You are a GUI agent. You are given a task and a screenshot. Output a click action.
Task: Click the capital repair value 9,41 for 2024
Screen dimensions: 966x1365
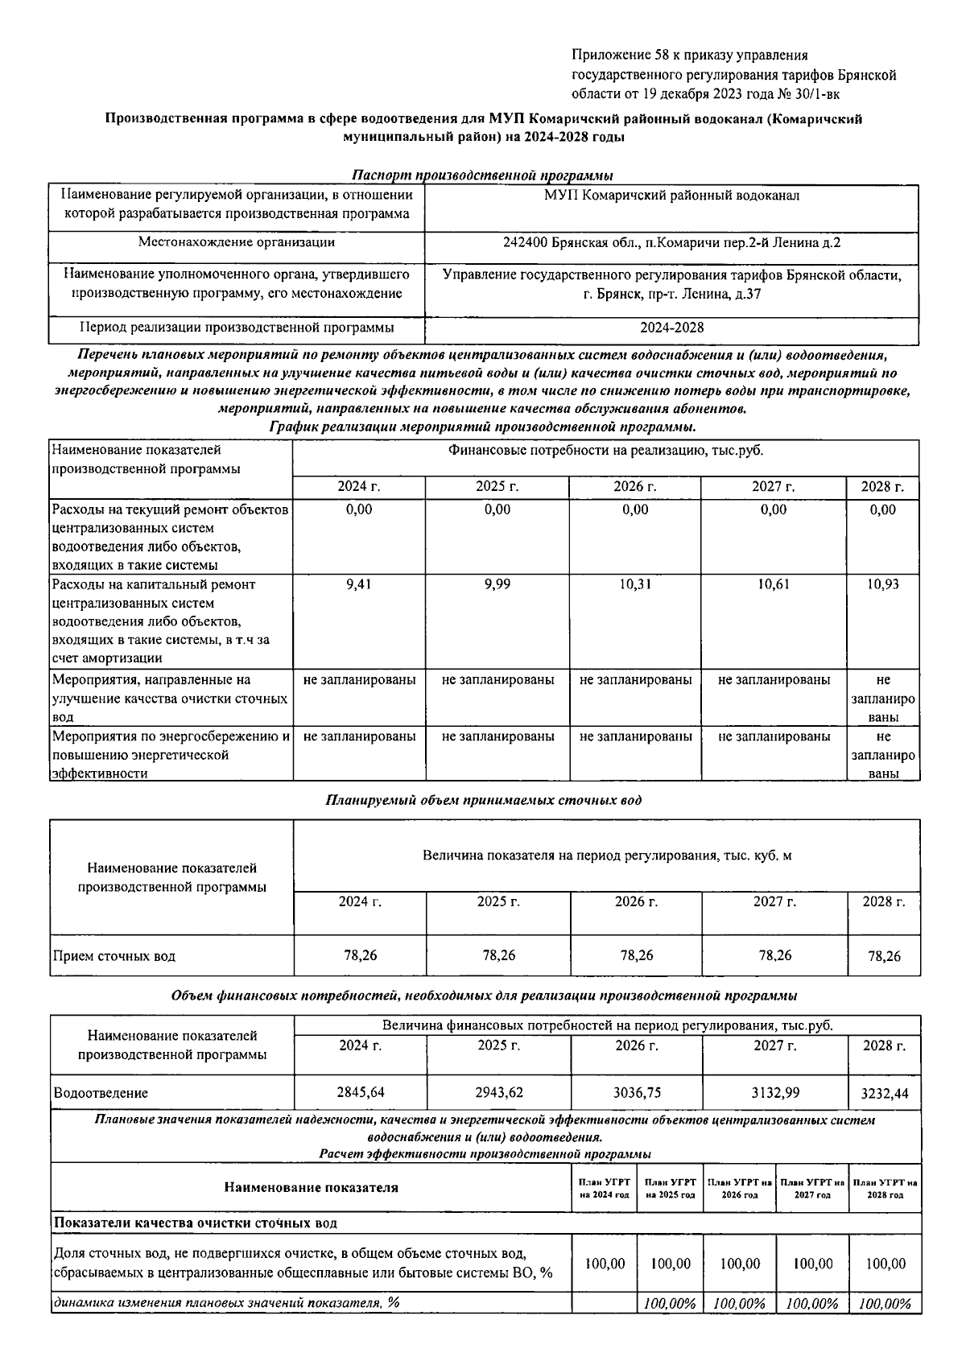tap(358, 584)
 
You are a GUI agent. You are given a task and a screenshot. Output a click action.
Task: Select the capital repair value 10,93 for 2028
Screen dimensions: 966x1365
tap(882, 584)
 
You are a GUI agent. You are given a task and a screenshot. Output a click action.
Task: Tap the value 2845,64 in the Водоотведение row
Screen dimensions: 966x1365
tap(360, 1092)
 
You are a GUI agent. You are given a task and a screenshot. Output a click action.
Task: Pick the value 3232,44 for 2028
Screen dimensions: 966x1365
tap(885, 1094)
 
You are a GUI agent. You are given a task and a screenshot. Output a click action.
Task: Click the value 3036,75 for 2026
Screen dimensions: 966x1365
tap(636, 1092)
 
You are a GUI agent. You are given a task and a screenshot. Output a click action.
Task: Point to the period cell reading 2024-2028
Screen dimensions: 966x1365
tap(671, 328)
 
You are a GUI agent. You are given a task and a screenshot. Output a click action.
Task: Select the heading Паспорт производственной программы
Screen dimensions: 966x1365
tap(483, 175)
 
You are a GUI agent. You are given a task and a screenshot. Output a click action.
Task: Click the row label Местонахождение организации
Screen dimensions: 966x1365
tap(237, 242)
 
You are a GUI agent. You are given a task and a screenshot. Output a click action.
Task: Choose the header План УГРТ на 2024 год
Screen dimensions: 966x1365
tap(604, 1188)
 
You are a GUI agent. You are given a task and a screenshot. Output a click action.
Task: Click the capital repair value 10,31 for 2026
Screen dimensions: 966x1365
tap(635, 584)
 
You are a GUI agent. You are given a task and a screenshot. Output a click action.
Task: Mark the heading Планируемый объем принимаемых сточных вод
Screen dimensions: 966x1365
tap(483, 800)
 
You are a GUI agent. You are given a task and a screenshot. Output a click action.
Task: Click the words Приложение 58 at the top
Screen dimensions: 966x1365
tap(609, 55)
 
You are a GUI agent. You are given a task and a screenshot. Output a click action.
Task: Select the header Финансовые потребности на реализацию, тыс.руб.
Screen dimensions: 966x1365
tap(605, 451)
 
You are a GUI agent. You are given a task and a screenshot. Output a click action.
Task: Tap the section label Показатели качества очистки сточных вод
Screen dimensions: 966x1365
tap(195, 1223)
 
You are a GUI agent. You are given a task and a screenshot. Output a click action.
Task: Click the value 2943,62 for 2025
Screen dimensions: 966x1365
tap(498, 1092)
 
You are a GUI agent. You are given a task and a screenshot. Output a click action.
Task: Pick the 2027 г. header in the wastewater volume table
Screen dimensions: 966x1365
tap(774, 901)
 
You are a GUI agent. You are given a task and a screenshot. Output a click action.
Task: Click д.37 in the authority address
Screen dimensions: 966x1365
tap(748, 294)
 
